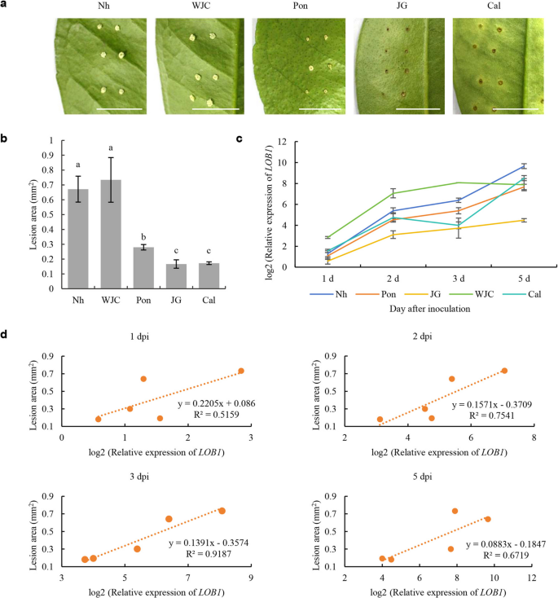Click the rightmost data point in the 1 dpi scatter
click(241, 371)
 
